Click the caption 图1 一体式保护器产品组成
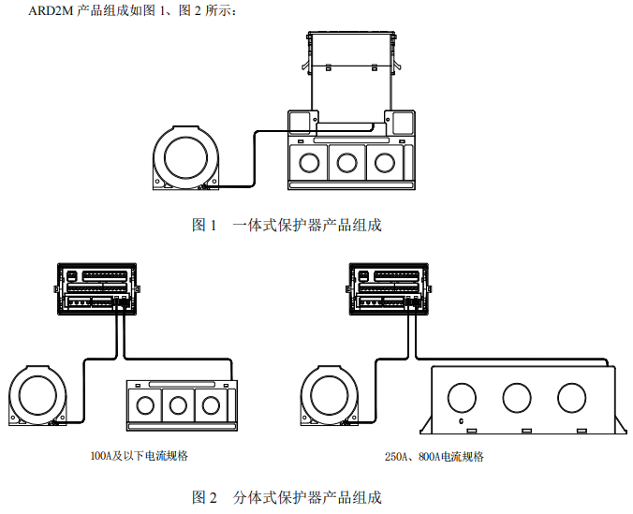pos(287,225)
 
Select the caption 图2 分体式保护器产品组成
pos(287,496)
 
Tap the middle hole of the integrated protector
pos(347,162)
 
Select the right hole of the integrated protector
pos(385,162)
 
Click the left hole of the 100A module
pos(145,405)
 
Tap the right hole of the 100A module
pos(211,405)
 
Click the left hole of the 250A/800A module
pos(464,397)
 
